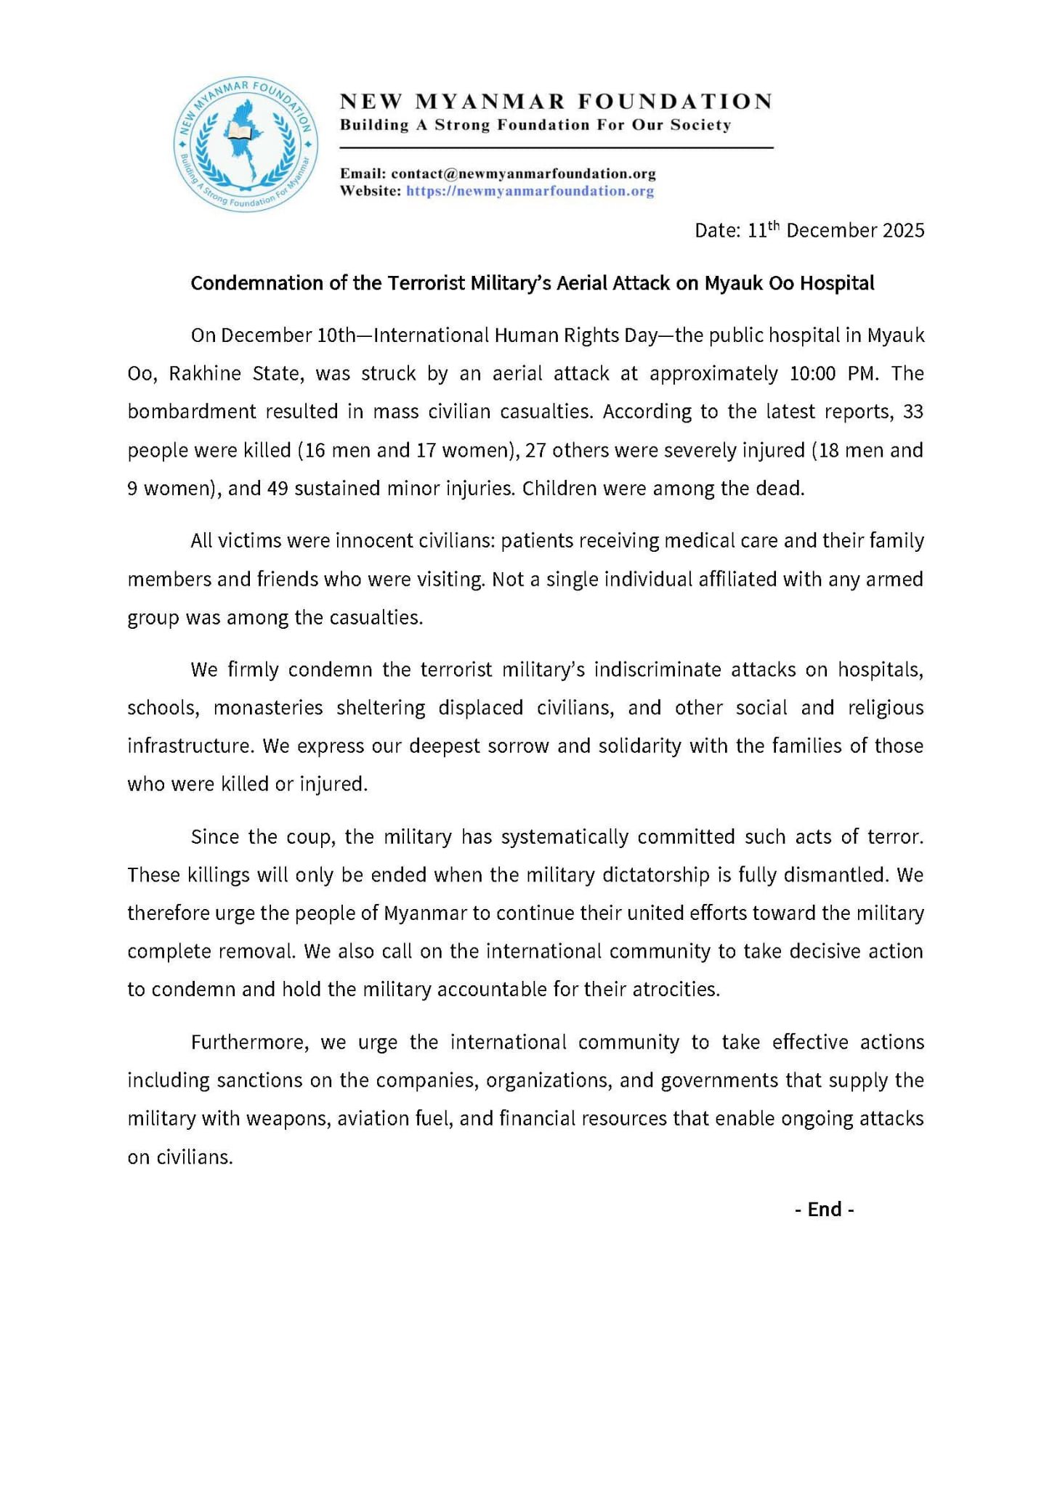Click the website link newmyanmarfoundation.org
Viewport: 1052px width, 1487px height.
(x=530, y=192)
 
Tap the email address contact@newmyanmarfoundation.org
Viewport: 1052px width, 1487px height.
(x=523, y=174)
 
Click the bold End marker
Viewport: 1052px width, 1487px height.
(x=824, y=1210)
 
